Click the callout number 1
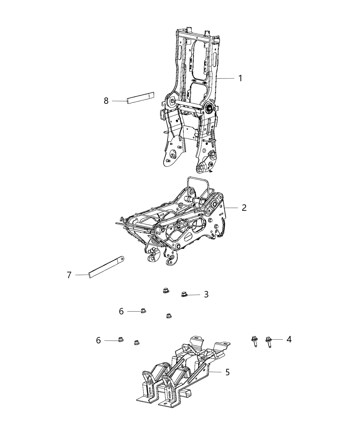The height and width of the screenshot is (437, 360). (240, 78)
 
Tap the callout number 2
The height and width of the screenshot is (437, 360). (244, 208)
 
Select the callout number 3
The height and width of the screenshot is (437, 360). (206, 294)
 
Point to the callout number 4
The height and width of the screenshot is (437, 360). (289, 339)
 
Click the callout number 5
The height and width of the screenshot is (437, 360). (227, 372)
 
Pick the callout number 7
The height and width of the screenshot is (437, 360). (69, 275)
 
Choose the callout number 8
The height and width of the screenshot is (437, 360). (106, 101)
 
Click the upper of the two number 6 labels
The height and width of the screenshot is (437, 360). (121, 311)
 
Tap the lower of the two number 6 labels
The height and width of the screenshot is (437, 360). (98, 340)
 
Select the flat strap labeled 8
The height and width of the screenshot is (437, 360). (141, 98)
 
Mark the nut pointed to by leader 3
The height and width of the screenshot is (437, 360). (184, 294)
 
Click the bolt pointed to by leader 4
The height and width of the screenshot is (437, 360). (268, 341)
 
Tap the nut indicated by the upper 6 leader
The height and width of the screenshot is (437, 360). (143, 311)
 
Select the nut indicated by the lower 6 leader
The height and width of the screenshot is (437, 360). (120, 340)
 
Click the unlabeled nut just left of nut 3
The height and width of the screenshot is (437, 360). (166, 292)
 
